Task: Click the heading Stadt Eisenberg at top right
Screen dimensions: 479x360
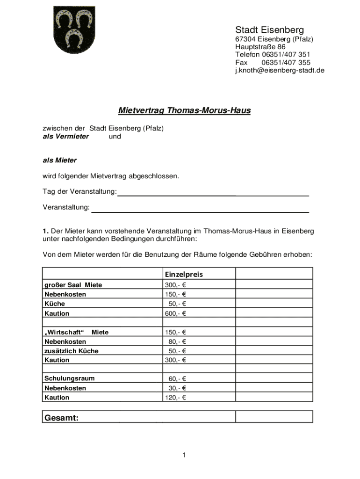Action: (x=269, y=30)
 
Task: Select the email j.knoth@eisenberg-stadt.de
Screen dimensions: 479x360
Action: (x=279, y=71)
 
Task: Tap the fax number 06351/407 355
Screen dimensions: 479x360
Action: (x=286, y=63)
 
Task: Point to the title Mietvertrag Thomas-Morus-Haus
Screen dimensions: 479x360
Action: (x=184, y=111)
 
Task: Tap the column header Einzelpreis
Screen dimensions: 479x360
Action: (x=184, y=274)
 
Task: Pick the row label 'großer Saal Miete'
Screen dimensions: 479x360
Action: (x=73, y=285)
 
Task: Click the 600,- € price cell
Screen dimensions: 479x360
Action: (x=175, y=313)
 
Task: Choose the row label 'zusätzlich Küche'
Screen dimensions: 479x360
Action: (x=71, y=351)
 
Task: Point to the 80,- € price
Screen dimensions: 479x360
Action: (x=177, y=341)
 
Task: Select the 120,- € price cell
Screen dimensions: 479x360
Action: (x=175, y=398)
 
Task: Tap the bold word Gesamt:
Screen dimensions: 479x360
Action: (x=61, y=418)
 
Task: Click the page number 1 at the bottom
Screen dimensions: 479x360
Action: (x=185, y=455)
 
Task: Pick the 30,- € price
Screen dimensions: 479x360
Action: (x=177, y=388)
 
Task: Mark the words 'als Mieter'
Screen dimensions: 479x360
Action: (x=59, y=160)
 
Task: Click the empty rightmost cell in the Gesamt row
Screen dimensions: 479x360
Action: (x=274, y=417)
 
